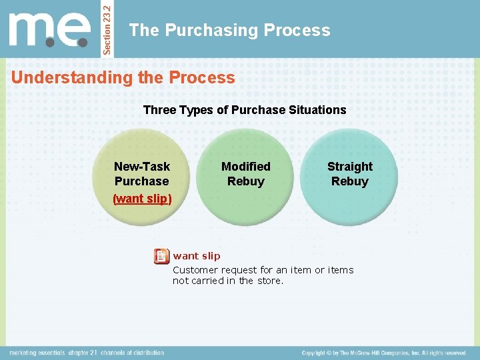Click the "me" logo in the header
pyautogui.click(x=49, y=29)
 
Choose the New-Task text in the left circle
pyautogui.click(x=142, y=167)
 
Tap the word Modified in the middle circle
pyautogui.click(x=245, y=167)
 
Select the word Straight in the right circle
pyautogui.click(x=349, y=167)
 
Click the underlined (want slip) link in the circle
pyautogui.click(x=142, y=199)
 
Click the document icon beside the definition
pyautogui.click(x=161, y=256)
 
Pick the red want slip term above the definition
pyautogui.click(x=197, y=256)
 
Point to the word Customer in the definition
pyautogui.click(x=195, y=270)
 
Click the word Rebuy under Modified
pyautogui.click(x=245, y=181)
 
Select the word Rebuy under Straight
pyautogui.click(x=349, y=181)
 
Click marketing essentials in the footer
pyautogui.click(x=38, y=353)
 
